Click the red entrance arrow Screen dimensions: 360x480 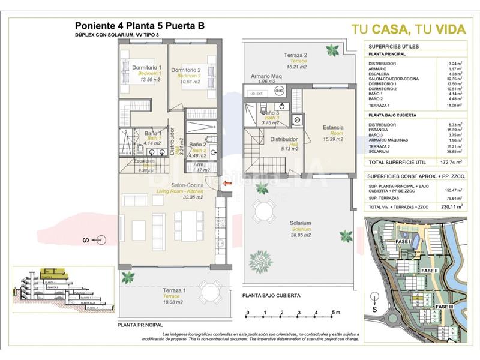coord(226,184)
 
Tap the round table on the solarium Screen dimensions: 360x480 coord(264,211)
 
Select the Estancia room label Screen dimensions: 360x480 coord(333,127)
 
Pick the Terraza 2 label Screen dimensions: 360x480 coord(296,55)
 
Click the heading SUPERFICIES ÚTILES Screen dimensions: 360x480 coord(394,46)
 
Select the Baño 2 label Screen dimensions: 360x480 coord(198,145)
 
